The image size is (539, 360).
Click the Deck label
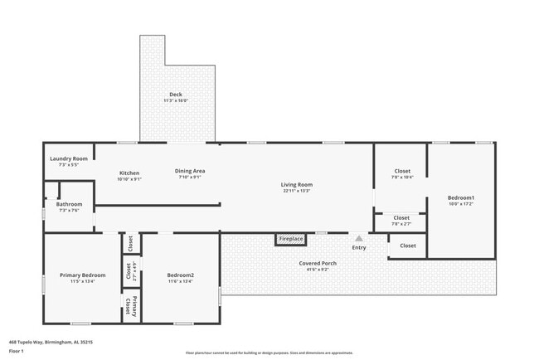[176, 95]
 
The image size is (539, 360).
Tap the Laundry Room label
[69, 158]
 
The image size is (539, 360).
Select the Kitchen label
[129, 173]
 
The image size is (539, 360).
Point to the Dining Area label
[190, 171]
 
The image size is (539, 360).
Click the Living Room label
[296, 184]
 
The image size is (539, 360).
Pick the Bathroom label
[69, 204]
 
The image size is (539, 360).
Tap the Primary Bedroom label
[82, 275]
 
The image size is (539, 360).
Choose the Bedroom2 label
[180, 275]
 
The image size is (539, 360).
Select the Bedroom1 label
[460, 197]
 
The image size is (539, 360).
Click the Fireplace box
[290, 239]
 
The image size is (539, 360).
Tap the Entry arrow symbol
[359, 238]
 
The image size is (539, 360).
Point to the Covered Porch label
[319, 263]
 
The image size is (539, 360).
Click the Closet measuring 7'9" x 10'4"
[401, 171]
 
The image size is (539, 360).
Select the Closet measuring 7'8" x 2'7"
[401, 217]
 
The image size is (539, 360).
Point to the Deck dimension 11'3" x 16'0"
[176, 101]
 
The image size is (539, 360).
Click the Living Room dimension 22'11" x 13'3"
[296, 191]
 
